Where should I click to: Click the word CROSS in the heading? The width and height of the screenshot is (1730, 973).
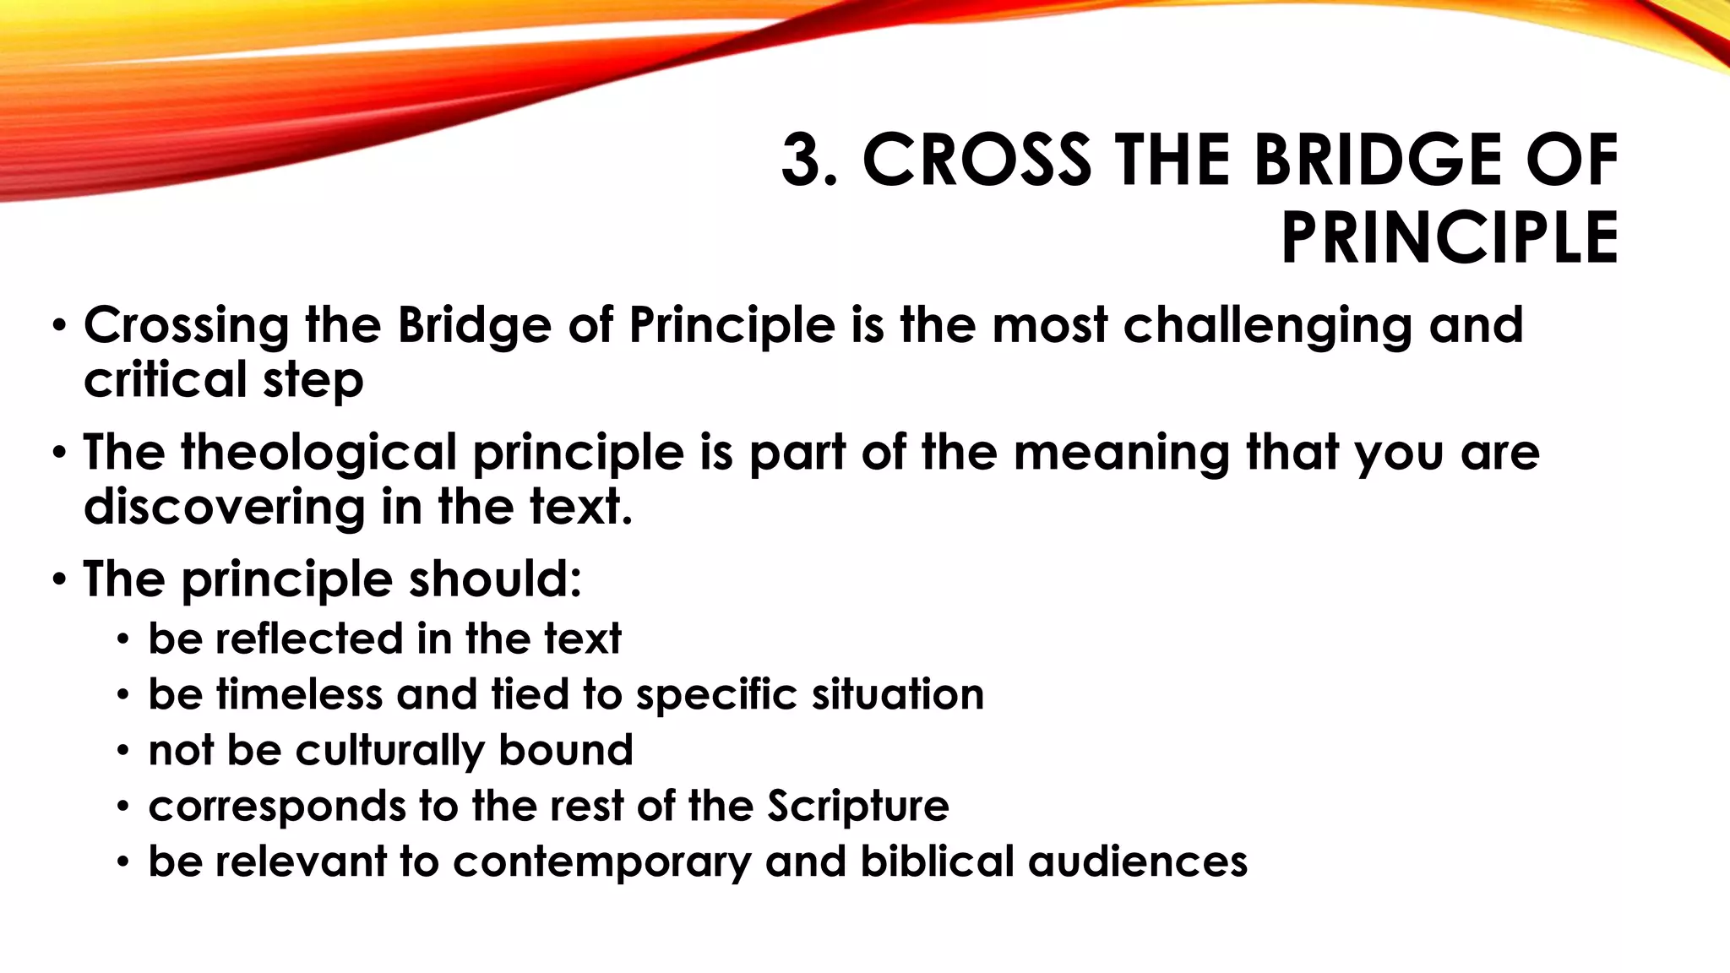click(x=977, y=160)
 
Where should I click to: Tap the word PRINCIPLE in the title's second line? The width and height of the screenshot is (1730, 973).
click(x=1450, y=238)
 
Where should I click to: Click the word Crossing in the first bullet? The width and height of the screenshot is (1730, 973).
click(x=186, y=326)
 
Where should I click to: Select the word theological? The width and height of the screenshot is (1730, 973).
click(x=318, y=453)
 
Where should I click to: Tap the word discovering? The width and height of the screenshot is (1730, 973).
click(x=224, y=507)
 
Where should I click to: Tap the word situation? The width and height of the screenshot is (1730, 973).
click(x=897, y=694)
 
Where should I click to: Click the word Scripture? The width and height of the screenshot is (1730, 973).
click(x=857, y=806)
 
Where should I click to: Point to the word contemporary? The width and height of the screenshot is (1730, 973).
click(x=601, y=862)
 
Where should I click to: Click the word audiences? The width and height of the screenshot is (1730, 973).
click(x=1137, y=862)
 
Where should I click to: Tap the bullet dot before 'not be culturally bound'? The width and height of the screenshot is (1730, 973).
click(x=123, y=751)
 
